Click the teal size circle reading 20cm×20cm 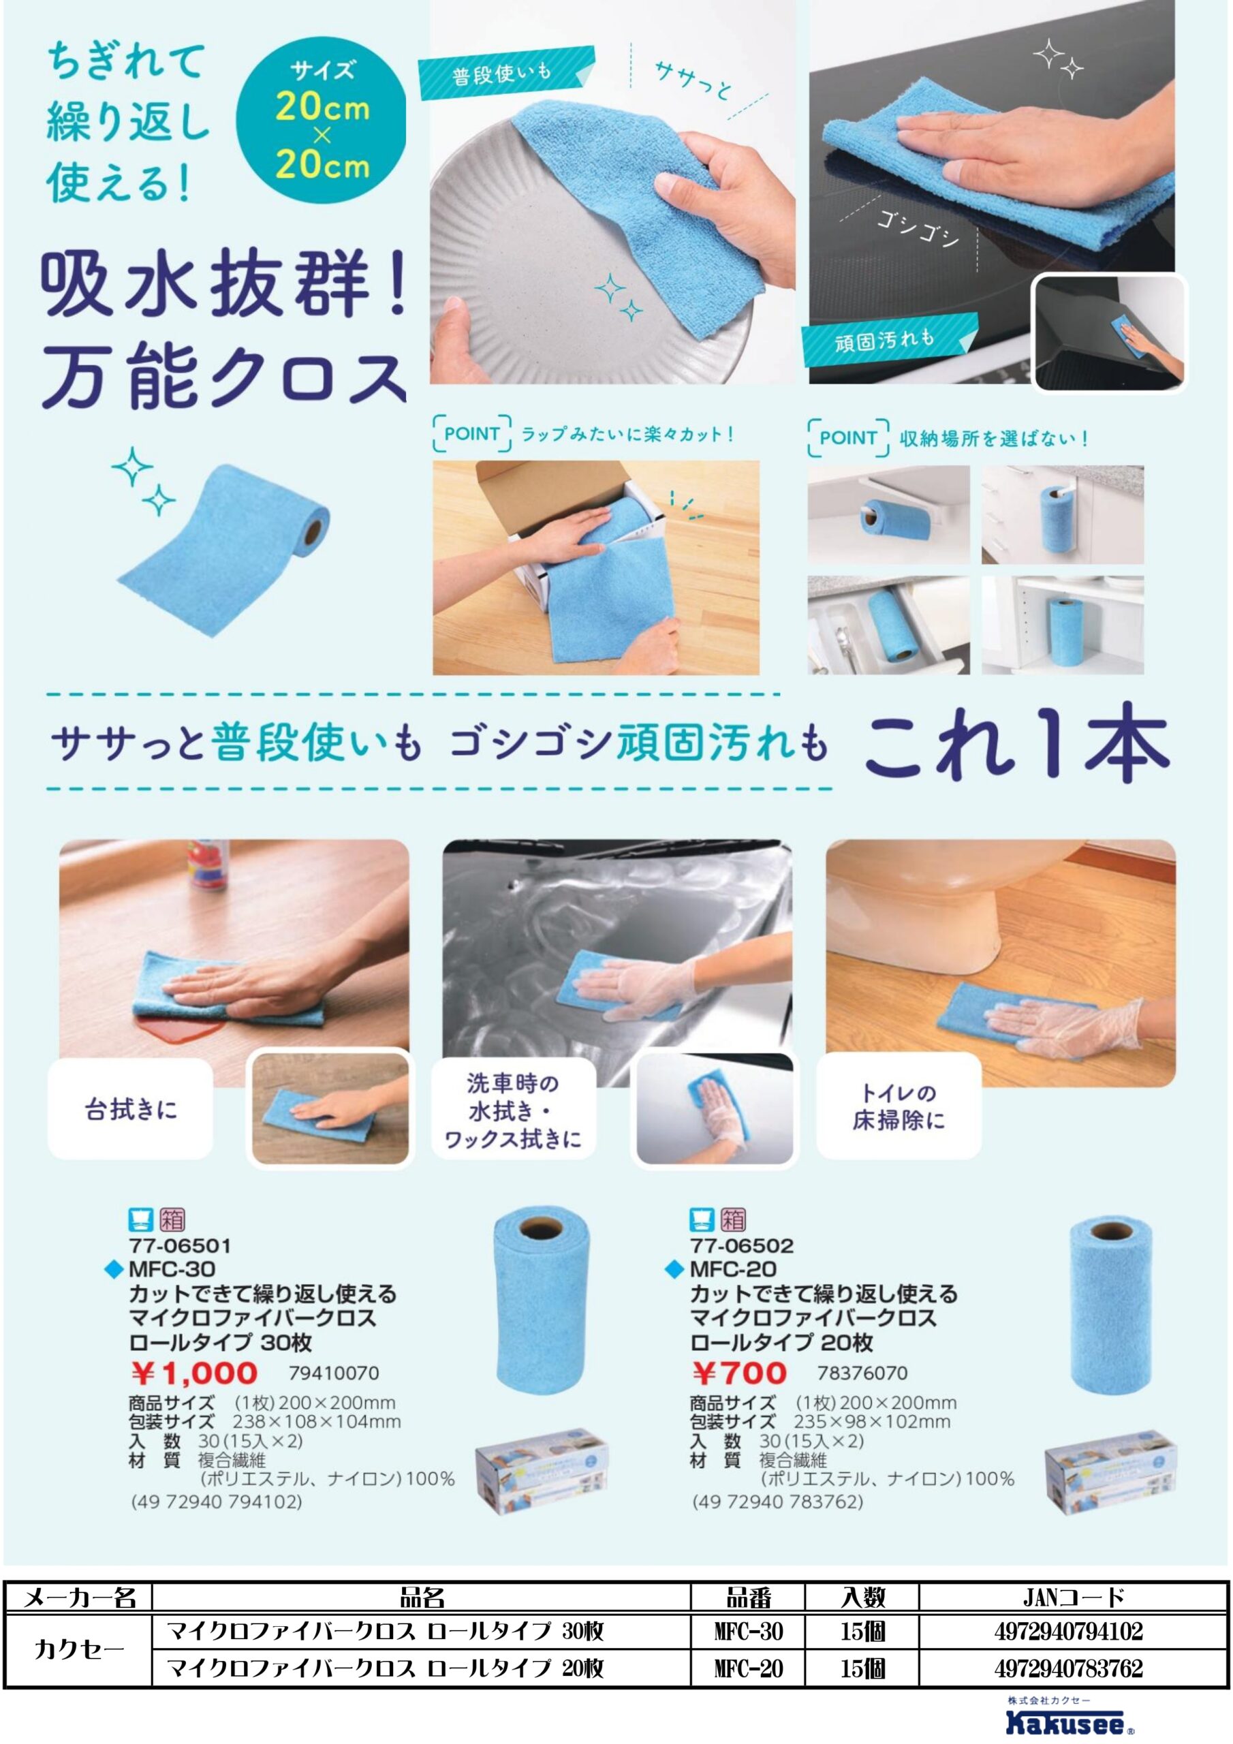point(322,120)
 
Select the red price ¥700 point(739,1373)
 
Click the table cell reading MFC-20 point(748,1669)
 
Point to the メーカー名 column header point(79,1598)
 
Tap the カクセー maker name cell point(79,1650)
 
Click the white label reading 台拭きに point(131,1110)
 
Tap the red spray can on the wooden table point(206,864)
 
